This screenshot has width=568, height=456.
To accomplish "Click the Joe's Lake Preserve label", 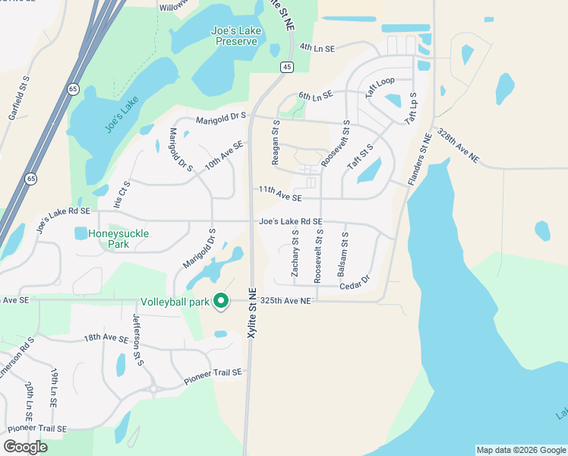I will click(234, 36).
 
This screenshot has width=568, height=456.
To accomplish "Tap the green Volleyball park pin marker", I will click(221, 302).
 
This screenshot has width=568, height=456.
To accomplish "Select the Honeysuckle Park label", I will click(118, 239).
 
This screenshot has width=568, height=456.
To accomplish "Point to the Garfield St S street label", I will click(19, 97).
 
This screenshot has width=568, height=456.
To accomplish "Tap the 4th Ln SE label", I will click(317, 48).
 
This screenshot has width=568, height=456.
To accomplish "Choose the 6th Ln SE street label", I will click(316, 96).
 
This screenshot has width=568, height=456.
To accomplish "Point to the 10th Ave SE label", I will click(223, 154).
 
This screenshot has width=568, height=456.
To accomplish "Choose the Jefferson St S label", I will click(138, 340).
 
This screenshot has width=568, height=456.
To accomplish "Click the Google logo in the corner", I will click(25, 447).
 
